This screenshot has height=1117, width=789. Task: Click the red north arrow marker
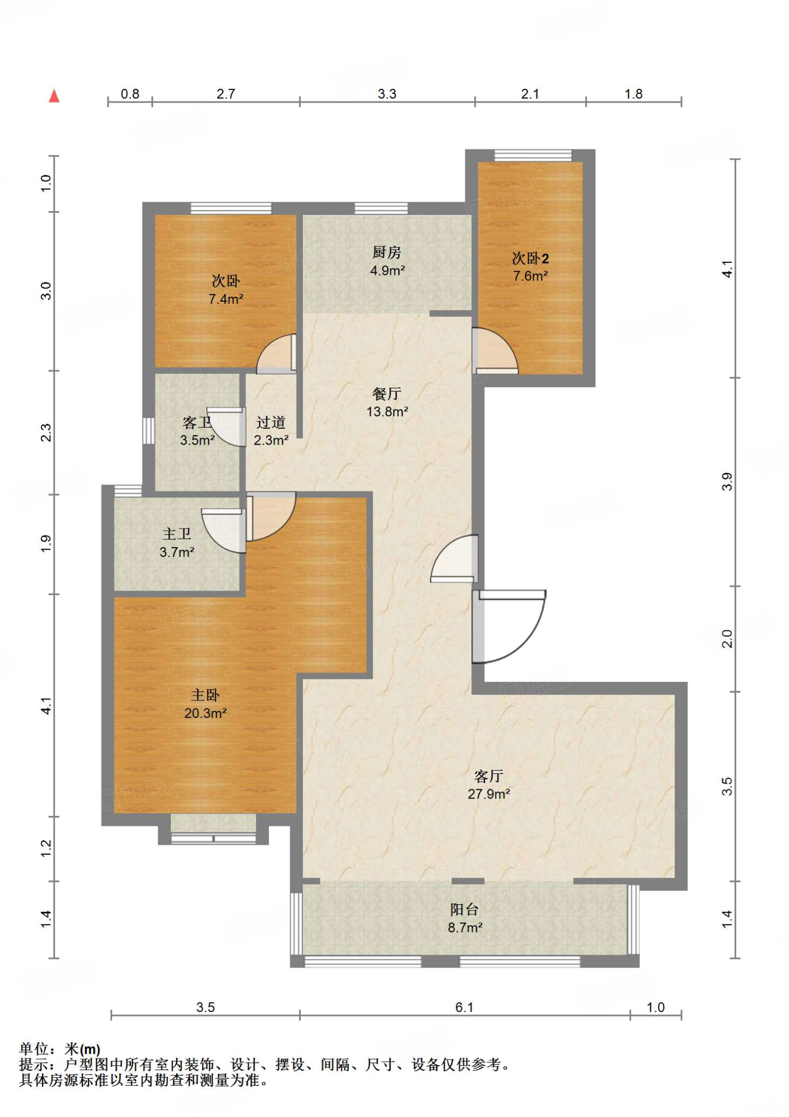click(54, 96)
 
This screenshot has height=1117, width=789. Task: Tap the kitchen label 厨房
click(387, 252)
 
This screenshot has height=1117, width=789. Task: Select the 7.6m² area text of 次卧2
click(530, 276)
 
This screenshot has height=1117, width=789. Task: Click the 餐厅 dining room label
click(387, 394)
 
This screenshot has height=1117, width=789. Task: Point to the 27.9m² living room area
click(488, 794)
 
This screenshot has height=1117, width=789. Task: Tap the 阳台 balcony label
click(464, 909)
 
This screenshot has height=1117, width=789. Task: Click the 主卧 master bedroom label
click(205, 695)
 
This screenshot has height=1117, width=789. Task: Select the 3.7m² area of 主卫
click(177, 553)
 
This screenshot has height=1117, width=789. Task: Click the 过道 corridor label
click(271, 422)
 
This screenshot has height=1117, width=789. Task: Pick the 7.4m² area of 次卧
click(226, 299)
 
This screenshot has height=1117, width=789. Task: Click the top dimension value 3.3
click(387, 94)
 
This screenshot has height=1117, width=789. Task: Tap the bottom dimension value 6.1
click(464, 1007)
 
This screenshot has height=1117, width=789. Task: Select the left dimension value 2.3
click(46, 433)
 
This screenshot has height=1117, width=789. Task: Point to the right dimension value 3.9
click(727, 482)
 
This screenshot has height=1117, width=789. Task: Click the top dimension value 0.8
click(130, 94)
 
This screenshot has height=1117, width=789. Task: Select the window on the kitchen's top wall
click(381, 208)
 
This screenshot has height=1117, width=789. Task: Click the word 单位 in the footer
click(34, 1049)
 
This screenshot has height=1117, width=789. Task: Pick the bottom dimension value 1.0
click(656, 1007)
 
